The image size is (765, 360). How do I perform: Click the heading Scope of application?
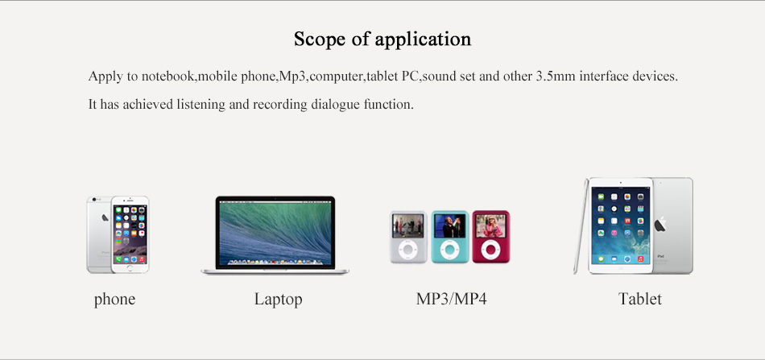pyautogui.click(x=382, y=39)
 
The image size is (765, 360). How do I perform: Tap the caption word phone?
pyautogui.click(x=114, y=299)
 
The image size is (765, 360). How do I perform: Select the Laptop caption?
pyautogui.click(x=278, y=299)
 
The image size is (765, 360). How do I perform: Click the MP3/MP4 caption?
pyautogui.click(x=451, y=299)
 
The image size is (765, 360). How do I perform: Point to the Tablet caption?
pyautogui.click(x=639, y=299)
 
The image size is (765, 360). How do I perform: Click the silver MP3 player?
pyautogui.click(x=408, y=237)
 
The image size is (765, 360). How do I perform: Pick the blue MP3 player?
pyautogui.click(x=450, y=237)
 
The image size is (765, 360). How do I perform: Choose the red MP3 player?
pyautogui.click(x=491, y=237)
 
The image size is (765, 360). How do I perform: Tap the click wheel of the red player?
pyautogui.click(x=490, y=250)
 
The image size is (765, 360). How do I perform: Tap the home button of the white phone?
pyautogui.click(x=130, y=267)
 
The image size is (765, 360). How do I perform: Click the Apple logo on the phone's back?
pyautogui.click(x=105, y=217)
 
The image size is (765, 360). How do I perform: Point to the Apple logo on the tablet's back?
pyautogui.click(x=660, y=225)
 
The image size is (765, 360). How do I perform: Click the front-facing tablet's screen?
pyautogui.click(x=621, y=226)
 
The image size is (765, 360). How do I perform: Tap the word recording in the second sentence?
pyautogui.click(x=280, y=105)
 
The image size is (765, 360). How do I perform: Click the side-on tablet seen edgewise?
pyautogui.click(x=581, y=226)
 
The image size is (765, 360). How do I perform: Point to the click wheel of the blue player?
pyautogui.click(x=449, y=250)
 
